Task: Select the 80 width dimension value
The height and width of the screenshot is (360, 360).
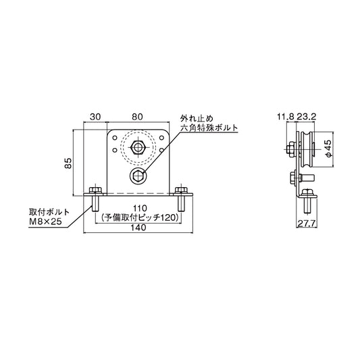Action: [137, 116]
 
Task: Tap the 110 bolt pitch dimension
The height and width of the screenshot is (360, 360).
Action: [140, 209]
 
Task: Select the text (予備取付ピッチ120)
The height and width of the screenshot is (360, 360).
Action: [139, 219]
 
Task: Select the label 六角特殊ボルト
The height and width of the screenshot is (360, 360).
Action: [207, 127]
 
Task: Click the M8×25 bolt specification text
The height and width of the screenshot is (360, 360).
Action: [47, 220]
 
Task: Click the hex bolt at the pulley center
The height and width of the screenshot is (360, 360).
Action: [138, 147]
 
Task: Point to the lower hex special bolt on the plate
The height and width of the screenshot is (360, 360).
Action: [138, 176]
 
